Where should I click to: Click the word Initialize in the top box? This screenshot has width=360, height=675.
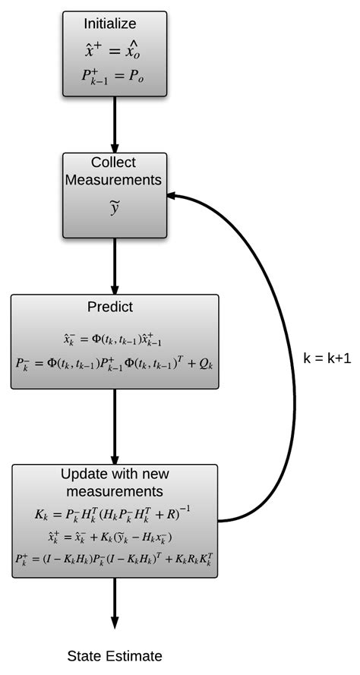115,25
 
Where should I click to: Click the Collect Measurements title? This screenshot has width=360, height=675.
114,172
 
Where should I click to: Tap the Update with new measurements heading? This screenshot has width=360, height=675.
115,482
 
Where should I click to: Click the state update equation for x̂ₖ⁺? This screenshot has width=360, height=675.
115,537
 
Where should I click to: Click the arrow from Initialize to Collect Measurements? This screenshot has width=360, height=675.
115,125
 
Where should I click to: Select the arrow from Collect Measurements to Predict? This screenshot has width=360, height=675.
115,266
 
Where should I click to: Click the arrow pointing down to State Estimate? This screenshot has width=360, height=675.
115,604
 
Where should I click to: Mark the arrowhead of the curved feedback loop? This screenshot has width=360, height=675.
174,196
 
